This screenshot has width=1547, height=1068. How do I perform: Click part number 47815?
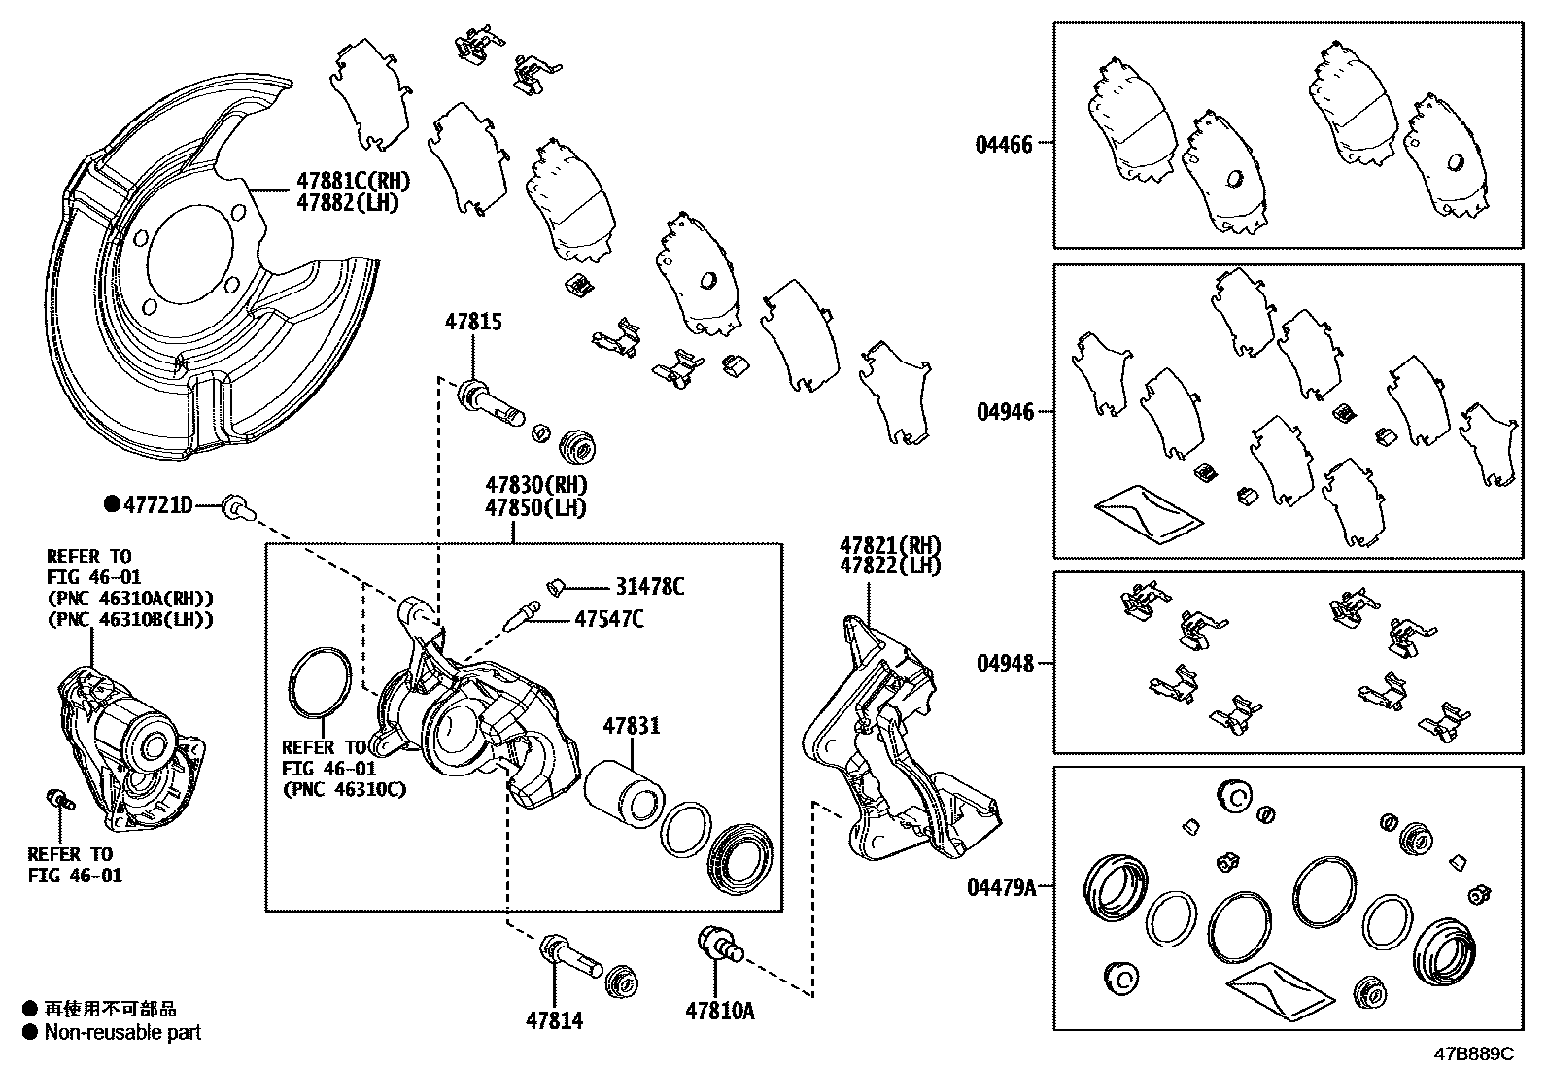(x=473, y=322)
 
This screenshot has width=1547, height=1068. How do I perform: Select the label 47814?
(x=555, y=1020)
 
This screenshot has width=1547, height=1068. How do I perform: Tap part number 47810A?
(x=719, y=1012)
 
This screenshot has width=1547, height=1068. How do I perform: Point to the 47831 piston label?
(x=631, y=726)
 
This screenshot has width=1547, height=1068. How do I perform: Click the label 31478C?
(x=649, y=587)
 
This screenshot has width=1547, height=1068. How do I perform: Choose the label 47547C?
(x=608, y=618)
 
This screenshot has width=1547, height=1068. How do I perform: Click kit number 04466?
(x=1004, y=145)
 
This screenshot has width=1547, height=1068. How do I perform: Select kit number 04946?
(x=1005, y=412)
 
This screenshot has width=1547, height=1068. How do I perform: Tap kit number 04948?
(x=1005, y=664)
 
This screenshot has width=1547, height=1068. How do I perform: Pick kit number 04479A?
(x=1001, y=887)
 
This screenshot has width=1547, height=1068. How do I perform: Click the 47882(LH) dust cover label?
(x=348, y=203)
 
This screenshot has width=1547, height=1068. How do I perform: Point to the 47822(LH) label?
(x=890, y=566)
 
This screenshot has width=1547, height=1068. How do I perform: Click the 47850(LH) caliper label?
(x=536, y=507)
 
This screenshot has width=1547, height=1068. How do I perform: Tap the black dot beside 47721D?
(x=112, y=503)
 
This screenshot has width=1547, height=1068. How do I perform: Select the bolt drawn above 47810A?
(x=717, y=945)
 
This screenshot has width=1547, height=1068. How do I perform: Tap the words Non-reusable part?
(x=122, y=1032)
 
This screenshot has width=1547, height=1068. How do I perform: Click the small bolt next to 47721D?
(x=236, y=505)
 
